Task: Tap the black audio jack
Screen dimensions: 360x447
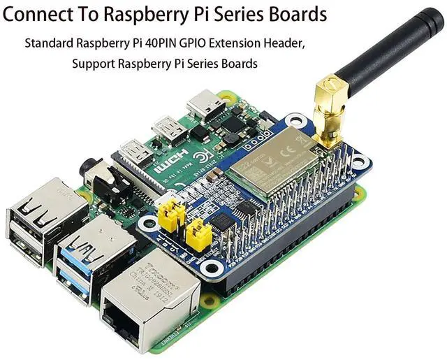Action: (105, 179)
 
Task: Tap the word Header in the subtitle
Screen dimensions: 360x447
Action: (282, 43)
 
